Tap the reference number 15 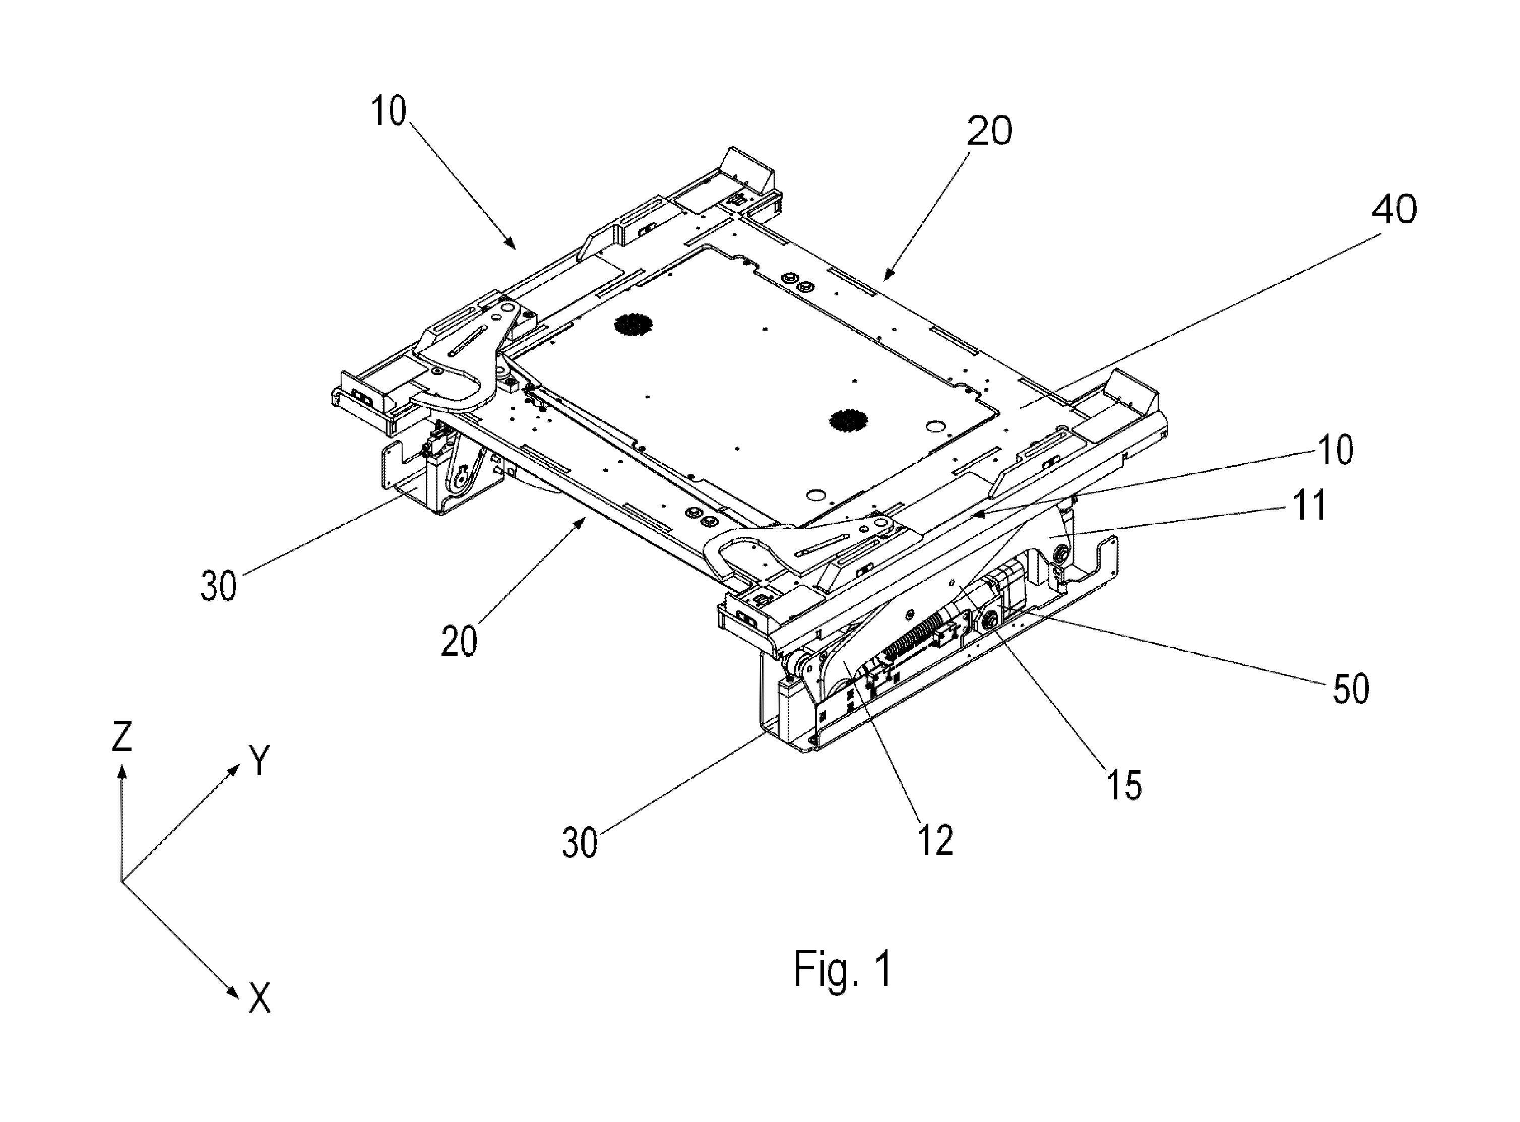[1124, 784]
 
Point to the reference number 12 [936, 841]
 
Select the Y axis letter [260, 761]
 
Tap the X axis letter [260, 999]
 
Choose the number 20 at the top [989, 131]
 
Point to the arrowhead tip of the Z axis [122, 765]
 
